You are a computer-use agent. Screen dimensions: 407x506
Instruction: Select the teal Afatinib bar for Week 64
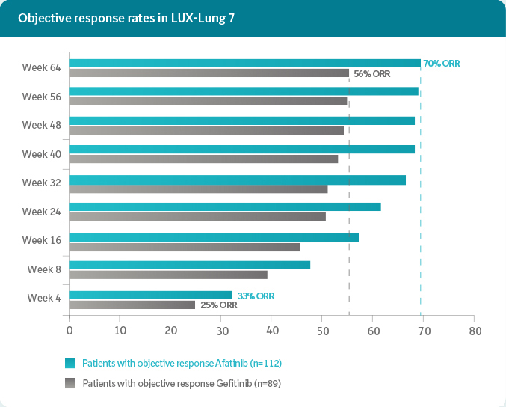pos(244,63)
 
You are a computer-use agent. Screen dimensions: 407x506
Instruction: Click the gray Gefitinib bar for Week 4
pos(132,305)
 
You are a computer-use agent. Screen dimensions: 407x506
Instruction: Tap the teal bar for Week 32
pos(237,180)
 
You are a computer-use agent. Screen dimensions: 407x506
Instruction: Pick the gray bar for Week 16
pos(185,247)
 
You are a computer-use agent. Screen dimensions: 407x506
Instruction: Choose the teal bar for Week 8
pos(189,265)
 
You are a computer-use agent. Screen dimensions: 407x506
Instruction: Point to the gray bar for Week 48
pos(206,130)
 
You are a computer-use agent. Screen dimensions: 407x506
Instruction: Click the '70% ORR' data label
pos(441,64)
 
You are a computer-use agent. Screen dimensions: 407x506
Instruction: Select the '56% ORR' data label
pos(371,74)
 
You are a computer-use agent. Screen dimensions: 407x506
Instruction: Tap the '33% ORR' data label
pos(256,296)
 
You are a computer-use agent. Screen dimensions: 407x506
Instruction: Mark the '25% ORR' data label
pos(219,305)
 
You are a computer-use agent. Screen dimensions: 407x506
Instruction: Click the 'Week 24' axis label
pos(41,212)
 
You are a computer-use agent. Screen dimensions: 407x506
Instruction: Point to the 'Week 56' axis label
pos(41,96)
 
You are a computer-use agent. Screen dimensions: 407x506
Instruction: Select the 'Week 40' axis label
pos(41,154)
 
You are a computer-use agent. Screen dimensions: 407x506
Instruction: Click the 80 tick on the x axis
pos(473,330)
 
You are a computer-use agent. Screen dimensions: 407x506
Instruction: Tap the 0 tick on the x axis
pos(70,330)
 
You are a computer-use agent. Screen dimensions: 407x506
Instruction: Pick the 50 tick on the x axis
pos(321,330)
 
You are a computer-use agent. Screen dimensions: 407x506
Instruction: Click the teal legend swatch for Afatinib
pos(71,363)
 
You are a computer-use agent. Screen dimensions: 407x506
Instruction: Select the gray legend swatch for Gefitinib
pos(71,383)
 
